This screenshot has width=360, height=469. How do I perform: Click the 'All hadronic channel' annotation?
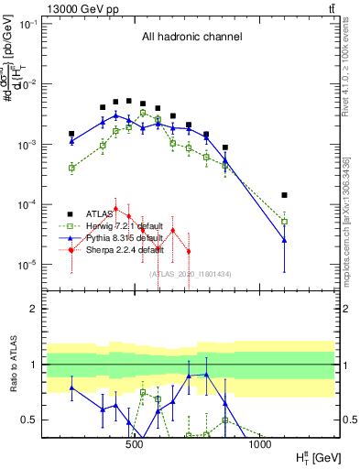coord(191,38)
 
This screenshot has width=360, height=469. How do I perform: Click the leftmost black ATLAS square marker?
coord(71,134)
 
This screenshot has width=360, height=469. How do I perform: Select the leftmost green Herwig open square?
coord(71,168)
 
